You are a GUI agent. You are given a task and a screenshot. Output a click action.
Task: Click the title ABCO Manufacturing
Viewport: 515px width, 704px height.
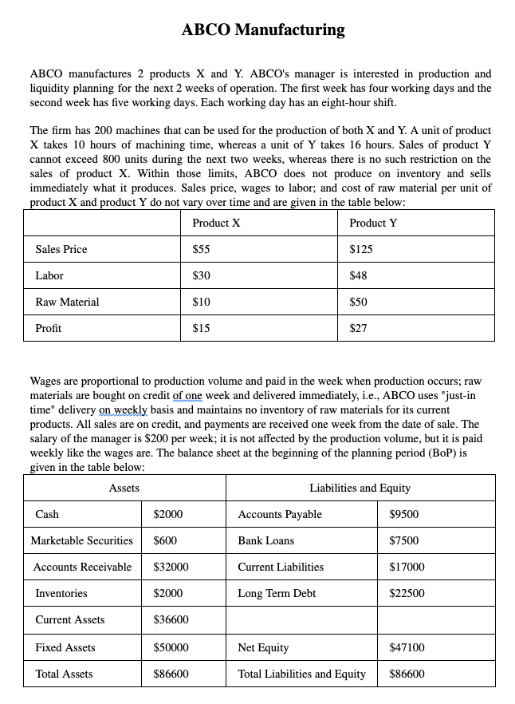(263, 30)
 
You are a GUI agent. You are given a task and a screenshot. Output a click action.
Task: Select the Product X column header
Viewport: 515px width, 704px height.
(216, 223)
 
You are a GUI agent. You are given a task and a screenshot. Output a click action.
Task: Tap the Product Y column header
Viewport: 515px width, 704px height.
(373, 223)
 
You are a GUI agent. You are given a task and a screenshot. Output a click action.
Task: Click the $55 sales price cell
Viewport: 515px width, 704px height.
(202, 249)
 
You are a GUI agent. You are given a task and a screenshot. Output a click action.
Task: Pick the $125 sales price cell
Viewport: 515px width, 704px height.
(361, 249)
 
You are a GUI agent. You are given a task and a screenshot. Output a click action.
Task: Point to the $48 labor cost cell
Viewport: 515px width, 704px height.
(358, 275)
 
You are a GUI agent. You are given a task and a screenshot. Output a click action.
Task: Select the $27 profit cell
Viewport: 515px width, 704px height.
(358, 328)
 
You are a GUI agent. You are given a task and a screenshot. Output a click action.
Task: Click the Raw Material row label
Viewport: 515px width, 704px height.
(67, 302)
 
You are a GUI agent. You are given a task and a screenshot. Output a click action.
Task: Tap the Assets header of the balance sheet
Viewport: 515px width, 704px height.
(124, 488)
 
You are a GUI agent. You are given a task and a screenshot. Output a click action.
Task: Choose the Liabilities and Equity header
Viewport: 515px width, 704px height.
(360, 488)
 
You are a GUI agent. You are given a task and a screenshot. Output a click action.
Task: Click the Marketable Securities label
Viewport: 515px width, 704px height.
(81, 540)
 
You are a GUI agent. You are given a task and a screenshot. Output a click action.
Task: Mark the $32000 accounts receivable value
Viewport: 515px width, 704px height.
(171, 567)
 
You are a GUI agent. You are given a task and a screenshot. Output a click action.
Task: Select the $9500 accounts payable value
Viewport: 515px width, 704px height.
(403, 514)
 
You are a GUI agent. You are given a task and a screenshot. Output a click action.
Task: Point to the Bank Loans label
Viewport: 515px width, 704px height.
(265, 540)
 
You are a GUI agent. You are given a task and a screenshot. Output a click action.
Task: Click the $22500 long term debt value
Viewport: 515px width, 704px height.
(407, 593)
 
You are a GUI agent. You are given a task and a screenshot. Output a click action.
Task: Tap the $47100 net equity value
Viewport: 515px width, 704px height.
(407, 647)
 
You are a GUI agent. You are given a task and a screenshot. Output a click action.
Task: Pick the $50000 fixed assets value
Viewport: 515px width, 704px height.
(171, 647)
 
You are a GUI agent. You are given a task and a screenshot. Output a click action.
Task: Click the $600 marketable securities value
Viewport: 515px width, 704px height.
(165, 540)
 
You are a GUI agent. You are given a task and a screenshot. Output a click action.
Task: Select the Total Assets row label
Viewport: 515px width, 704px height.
(64, 674)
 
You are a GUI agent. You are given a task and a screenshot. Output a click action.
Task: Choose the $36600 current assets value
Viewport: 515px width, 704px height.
(171, 619)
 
